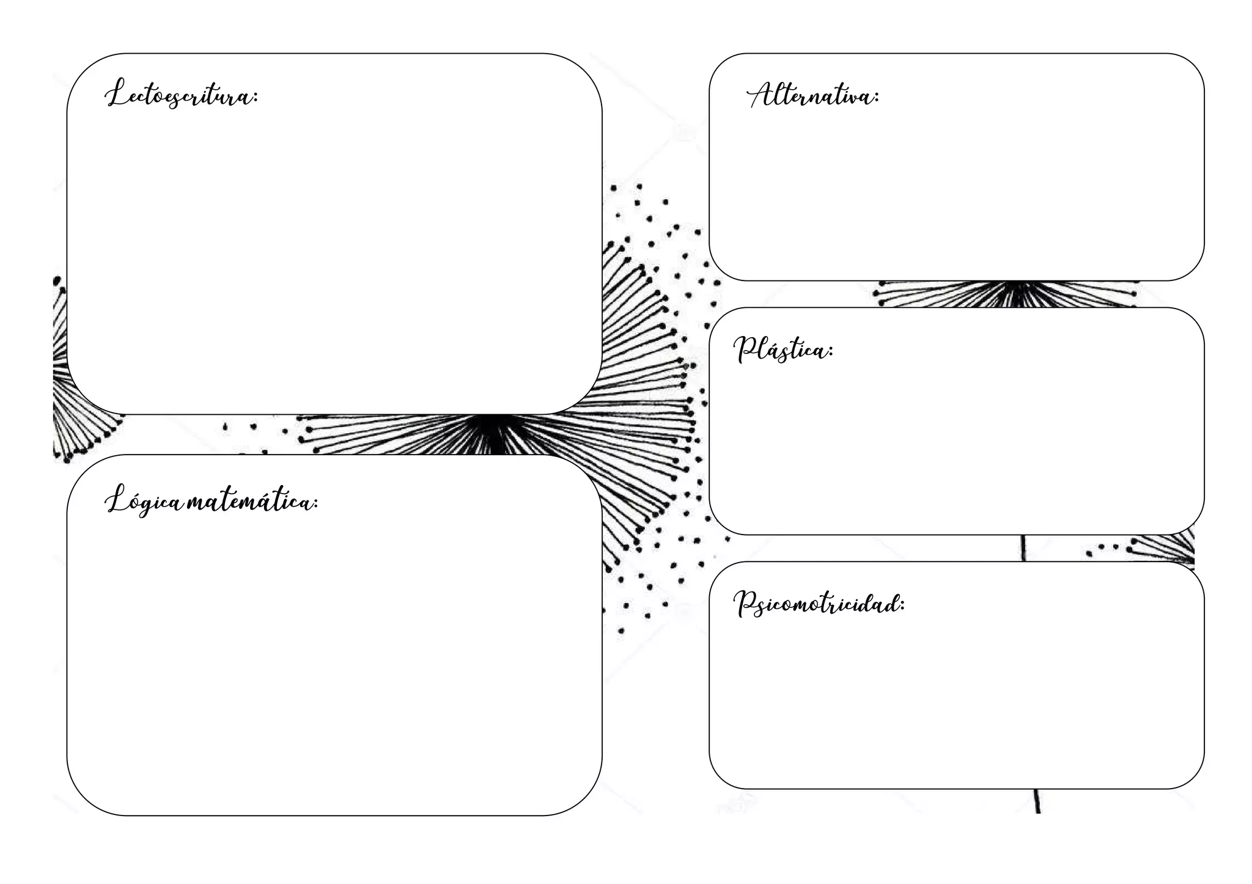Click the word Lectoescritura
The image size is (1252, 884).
coord(181,95)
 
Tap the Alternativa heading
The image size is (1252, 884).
coord(812,96)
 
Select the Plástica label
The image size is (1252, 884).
coord(782,350)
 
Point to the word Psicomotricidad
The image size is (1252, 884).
coord(818,604)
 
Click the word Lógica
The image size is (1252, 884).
coord(144,502)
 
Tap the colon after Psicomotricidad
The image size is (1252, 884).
coord(902,605)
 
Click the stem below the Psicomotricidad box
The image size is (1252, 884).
coord(1037,801)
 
